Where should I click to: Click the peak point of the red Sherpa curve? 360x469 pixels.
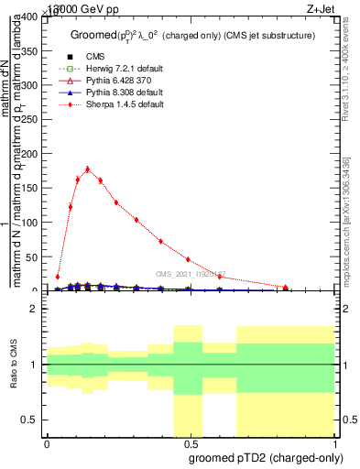click(87, 169)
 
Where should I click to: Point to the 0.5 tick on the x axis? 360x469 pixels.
click(190, 445)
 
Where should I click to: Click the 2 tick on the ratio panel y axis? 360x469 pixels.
click(36, 309)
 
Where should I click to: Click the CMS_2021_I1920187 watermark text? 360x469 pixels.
click(190, 274)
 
